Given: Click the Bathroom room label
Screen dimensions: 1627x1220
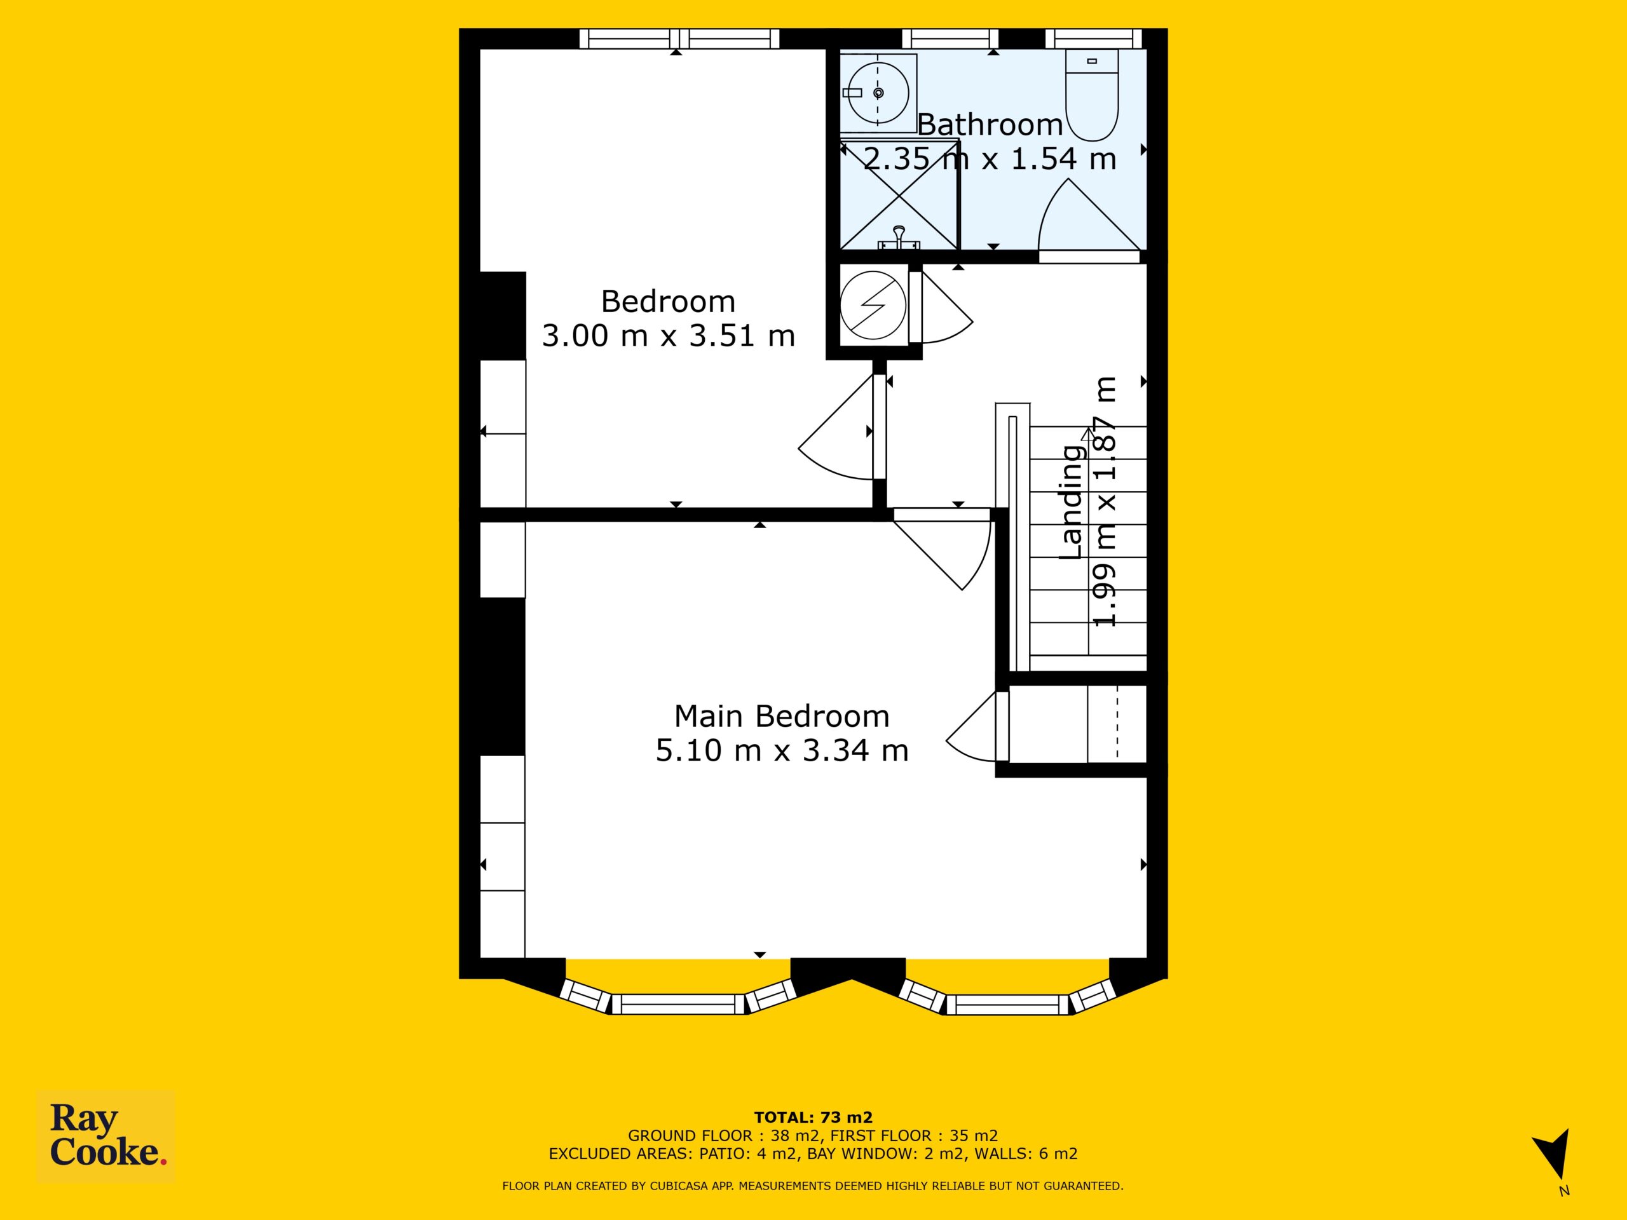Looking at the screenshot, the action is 990,125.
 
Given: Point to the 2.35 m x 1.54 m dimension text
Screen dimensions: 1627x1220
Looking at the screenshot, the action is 990,159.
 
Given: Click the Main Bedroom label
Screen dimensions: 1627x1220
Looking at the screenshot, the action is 782,715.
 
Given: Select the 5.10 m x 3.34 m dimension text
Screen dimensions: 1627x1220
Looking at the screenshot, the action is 782,750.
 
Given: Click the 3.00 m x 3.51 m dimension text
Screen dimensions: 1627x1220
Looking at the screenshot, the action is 669,335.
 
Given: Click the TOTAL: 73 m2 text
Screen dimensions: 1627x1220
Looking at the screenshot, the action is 813,1118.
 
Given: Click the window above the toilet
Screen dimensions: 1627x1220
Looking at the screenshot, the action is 1093,37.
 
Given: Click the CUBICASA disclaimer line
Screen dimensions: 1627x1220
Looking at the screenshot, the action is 813,1186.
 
